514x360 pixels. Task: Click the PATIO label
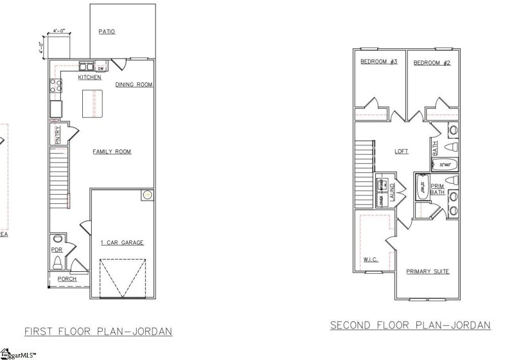[x=107, y=32]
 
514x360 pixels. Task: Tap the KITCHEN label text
[x=89, y=78]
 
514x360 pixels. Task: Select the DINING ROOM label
[x=134, y=85]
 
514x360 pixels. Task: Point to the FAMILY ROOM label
[x=112, y=152]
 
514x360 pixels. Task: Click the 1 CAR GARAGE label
[x=122, y=242]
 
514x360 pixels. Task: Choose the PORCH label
[x=67, y=279]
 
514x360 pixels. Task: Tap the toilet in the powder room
[x=57, y=262]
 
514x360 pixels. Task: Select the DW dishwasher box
[x=102, y=67]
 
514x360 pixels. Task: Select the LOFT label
[x=402, y=152]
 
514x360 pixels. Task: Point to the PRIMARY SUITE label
[x=427, y=271]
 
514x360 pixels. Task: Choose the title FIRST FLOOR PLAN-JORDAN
[x=98, y=332]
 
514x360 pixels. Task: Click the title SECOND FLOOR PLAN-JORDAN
[x=410, y=325]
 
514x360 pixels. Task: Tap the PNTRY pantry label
[x=57, y=134]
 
